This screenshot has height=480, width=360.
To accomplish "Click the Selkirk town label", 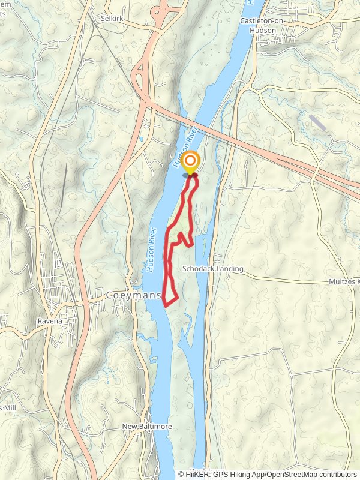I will (111, 19).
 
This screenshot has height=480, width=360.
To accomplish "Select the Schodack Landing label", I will (214, 269).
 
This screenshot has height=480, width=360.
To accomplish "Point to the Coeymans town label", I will (133, 295).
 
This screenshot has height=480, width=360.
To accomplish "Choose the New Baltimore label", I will (147, 426).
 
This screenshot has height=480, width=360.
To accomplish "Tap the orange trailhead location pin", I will (191, 163).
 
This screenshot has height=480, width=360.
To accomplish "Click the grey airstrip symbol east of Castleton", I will (319, 123).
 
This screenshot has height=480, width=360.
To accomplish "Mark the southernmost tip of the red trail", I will (166, 304).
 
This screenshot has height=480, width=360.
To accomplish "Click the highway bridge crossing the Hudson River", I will (198, 128).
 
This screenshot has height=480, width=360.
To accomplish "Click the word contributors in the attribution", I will (337, 474).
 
